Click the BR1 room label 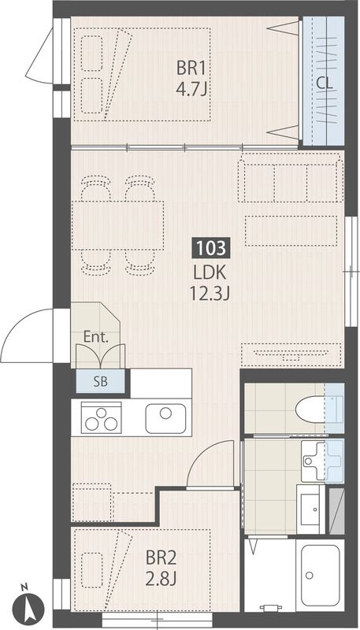(191, 69)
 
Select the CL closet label (325, 83)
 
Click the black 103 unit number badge (212, 247)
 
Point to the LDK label (210, 273)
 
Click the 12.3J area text (210, 294)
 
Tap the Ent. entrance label (96, 337)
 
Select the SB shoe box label (101, 381)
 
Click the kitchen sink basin (165, 418)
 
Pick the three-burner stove (102, 418)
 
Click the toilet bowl (311, 409)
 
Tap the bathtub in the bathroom (321, 575)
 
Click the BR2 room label (161, 558)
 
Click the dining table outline (117, 225)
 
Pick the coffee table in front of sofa (291, 231)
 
